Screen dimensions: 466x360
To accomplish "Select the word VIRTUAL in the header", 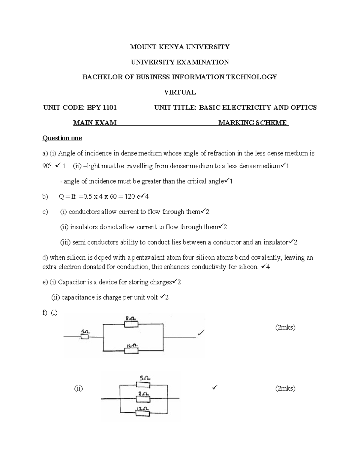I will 180,92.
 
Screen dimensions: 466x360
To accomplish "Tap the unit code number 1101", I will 109,107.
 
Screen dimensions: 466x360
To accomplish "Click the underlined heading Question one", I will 62,138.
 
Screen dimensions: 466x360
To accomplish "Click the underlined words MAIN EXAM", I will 95,123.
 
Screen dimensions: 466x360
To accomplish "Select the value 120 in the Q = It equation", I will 130,197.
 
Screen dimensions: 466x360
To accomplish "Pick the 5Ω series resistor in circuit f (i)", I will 85,337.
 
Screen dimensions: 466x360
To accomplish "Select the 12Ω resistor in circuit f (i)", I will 131,350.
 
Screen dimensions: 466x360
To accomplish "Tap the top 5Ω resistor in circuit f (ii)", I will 143,385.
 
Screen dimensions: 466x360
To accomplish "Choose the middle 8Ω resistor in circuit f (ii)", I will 143,398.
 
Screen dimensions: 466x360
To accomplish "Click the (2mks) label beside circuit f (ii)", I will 285,389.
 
